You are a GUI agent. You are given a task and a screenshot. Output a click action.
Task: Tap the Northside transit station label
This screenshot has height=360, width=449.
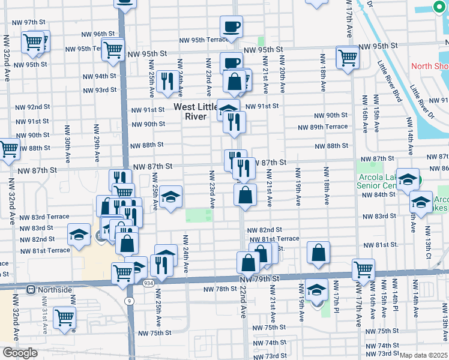point(50,290)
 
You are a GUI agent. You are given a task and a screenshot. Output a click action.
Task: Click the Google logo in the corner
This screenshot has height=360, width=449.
point(19,353)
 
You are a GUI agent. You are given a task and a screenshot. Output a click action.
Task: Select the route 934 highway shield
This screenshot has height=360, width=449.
point(148,283)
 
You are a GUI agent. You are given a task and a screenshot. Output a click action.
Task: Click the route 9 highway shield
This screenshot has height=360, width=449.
point(128,300)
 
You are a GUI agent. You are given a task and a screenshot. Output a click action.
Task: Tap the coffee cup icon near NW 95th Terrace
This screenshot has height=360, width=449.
point(231,27)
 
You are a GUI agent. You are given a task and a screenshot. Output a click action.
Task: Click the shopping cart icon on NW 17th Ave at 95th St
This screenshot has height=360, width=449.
point(347,58)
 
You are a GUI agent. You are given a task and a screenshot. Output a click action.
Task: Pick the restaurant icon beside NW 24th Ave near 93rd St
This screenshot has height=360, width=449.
point(167,81)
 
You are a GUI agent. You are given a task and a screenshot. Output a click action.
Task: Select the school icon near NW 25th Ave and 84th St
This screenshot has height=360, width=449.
point(170,197)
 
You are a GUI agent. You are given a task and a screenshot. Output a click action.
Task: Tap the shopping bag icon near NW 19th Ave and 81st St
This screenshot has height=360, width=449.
point(318,253)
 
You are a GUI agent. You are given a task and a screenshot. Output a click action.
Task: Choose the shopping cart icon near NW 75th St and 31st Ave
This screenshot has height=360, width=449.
point(64,317)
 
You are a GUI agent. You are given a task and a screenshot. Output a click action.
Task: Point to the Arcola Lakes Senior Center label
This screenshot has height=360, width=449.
point(376,185)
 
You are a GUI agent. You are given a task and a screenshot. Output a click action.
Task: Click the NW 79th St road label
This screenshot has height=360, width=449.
point(260,279)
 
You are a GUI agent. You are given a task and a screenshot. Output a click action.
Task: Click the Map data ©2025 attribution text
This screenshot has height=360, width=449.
point(424,355)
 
